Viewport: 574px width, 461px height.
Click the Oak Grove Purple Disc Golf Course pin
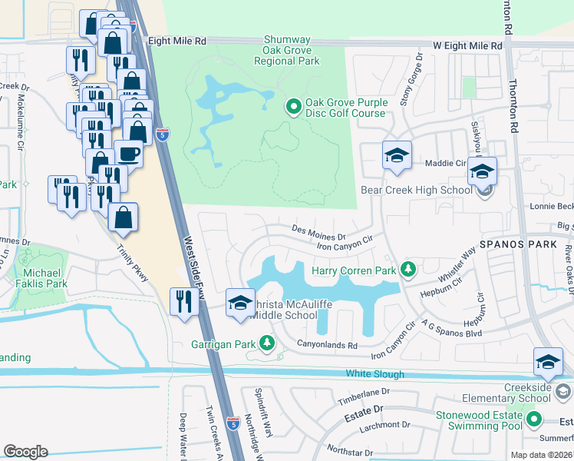tap(292, 108)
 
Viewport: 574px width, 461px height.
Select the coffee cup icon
tap(128, 154)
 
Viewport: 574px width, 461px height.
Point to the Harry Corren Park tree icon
tap(409, 270)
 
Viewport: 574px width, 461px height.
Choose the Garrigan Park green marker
tap(266, 343)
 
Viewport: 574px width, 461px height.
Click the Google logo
tap(25, 452)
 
